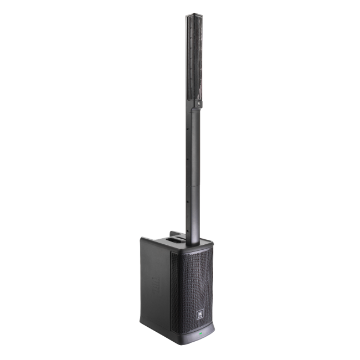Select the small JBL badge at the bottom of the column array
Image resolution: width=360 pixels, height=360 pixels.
click(196, 102)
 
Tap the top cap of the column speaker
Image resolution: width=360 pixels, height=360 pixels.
click(192, 15)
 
